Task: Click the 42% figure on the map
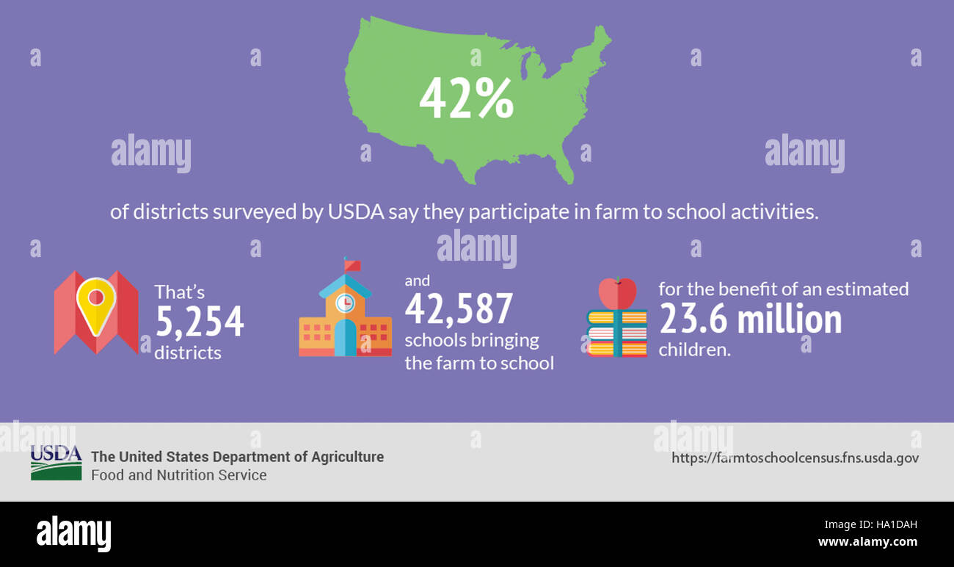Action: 466,101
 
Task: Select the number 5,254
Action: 200,321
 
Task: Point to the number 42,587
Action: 459,308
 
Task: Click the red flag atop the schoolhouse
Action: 353,264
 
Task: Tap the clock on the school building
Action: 344,302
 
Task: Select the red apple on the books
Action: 617,293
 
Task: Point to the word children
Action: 694,350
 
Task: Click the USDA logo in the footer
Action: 56,463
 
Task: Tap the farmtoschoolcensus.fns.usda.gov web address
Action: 795,458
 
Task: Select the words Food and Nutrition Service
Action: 178,475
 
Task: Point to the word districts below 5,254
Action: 187,353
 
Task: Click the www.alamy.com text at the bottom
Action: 867,542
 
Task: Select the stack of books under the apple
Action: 616,333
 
